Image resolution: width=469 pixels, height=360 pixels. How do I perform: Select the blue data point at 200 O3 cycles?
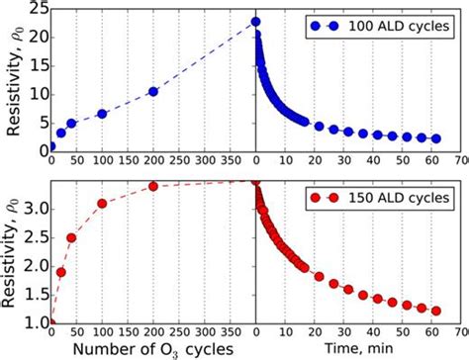153,92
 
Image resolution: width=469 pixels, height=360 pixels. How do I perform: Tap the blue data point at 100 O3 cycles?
102,114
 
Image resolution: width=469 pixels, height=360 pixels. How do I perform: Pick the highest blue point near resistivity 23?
255,22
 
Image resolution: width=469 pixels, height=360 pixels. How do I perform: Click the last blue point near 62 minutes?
436,138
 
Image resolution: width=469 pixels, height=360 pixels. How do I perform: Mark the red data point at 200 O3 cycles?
153,186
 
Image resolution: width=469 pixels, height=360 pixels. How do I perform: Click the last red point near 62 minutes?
436,311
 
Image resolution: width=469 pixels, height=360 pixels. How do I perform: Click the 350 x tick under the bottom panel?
230,334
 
